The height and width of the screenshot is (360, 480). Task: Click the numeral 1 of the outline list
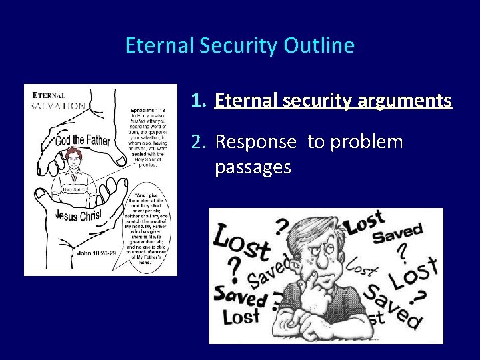pyautogui.click(x=196, y=101)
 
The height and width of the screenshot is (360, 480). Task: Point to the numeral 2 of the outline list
pyautogui.click(x=196, y=142)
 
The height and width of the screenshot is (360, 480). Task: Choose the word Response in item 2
pyautogui.click(x=255, y=142)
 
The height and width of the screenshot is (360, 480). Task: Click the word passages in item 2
pyautogui.click(x=253, y=167)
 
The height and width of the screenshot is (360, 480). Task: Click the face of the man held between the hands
pyautogui.click(x=74, y=160)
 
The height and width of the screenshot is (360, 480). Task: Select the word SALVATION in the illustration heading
pyautogui.click(x=58, y=105)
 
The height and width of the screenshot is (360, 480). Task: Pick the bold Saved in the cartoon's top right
pyautogui.click(x=398, y=234)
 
